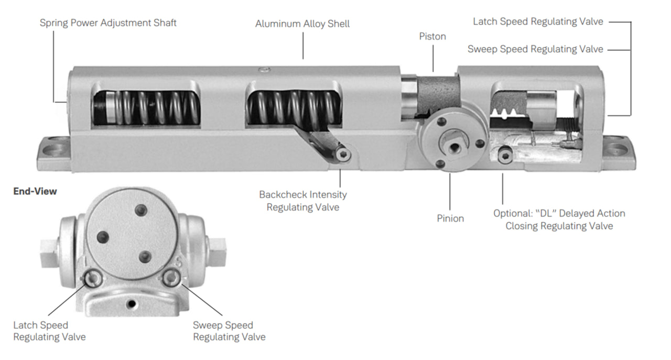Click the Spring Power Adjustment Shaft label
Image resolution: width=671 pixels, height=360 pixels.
108,23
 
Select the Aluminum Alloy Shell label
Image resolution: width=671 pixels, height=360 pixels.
302,24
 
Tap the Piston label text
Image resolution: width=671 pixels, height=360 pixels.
432,36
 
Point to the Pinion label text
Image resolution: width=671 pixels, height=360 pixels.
450,218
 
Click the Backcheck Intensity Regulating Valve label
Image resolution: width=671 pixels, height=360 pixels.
302,201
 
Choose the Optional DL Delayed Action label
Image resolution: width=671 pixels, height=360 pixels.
559,220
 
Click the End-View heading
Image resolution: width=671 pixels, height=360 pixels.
35,191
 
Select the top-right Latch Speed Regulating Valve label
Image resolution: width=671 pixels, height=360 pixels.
538,21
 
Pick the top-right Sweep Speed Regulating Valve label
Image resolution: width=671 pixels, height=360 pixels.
535,49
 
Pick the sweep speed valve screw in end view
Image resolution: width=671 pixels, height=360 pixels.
170,278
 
